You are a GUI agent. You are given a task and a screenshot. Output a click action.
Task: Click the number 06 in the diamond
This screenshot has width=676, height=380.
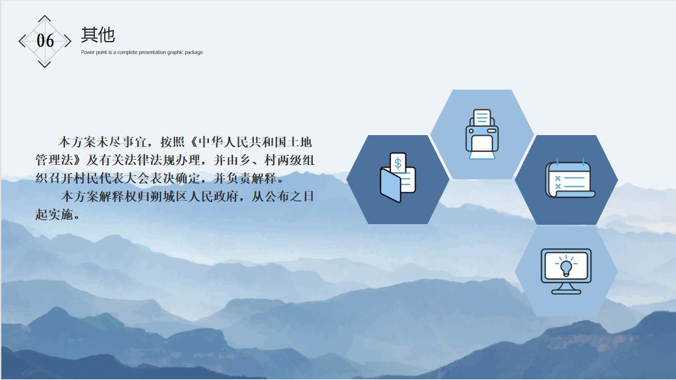[x=46, y=41]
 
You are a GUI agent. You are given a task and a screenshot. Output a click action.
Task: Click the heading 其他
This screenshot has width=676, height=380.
[x=98, y=34]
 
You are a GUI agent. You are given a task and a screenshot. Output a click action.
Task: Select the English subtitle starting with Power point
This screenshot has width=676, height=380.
[x=142, y=52]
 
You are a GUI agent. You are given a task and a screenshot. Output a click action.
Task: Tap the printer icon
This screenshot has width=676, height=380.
[x=482, y=134]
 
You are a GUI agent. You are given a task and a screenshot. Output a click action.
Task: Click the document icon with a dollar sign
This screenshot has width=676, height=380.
[x=398, y=177]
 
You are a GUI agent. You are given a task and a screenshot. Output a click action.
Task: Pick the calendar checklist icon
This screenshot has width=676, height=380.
[x=570, y=179]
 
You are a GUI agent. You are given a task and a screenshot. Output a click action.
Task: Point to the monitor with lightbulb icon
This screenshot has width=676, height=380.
[x=566, y=272]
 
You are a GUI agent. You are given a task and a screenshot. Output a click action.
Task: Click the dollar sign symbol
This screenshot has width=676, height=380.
[x=398, y=163]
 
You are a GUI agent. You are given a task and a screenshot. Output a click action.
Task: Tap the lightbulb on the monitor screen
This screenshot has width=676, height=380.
[x=565, y=266]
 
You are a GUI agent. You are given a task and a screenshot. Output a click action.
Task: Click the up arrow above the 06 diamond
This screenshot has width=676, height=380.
[x=44, y=18]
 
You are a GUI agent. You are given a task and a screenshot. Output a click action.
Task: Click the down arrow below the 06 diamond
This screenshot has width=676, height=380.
[x=44, y=64]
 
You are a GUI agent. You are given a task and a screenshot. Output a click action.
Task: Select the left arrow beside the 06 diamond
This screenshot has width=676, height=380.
[x=22, y=41]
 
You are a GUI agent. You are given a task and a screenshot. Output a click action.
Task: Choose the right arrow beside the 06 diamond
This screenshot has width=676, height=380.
[x=68, y=41]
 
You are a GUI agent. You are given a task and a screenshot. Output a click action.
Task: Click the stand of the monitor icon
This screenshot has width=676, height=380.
[x=566, y=288]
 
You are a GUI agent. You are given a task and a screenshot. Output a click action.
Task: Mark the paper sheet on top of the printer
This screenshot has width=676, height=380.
[x=482, y=117]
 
